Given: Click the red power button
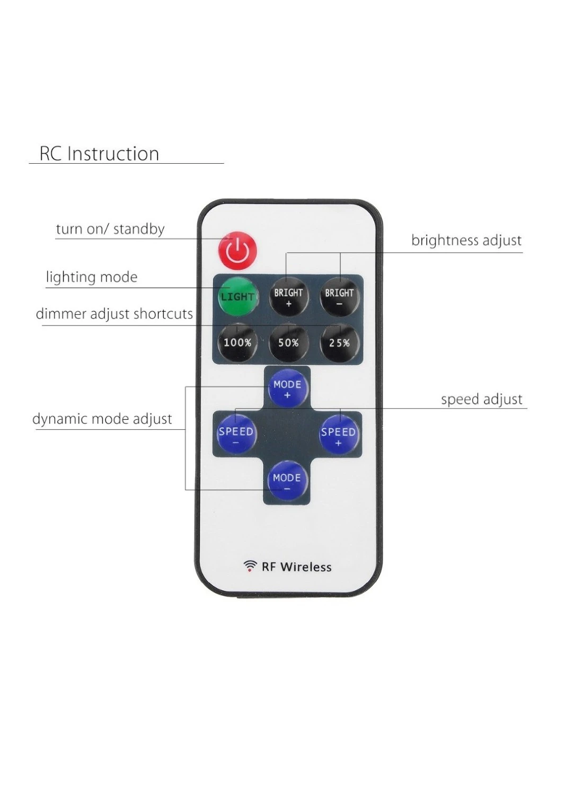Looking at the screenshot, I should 237,250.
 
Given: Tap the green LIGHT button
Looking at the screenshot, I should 237,296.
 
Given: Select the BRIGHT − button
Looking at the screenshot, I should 339,296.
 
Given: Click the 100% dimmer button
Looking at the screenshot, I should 237,342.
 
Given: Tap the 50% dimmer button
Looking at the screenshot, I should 288,342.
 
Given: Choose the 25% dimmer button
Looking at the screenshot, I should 339,342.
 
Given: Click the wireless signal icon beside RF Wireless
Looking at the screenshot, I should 249,566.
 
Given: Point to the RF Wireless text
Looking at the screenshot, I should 297,567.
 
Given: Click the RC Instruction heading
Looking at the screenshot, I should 99,154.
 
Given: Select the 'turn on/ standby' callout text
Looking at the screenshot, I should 110,229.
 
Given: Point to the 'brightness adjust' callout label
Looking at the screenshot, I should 466,240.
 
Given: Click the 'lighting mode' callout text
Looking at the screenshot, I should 92,277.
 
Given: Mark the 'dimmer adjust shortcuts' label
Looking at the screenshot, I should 114,314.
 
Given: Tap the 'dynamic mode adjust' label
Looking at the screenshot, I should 102,419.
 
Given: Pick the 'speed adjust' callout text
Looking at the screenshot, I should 482,399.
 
